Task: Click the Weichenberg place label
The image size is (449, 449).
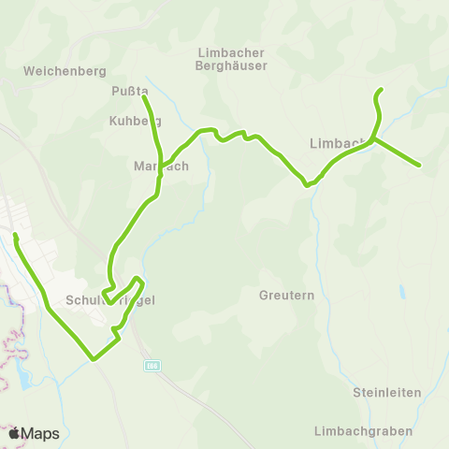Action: [65, 70]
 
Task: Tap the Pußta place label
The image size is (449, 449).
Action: [130, 91]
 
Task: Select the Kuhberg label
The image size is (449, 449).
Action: [135, 121]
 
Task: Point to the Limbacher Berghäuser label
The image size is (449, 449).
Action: [232, 59]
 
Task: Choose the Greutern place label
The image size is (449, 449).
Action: [283, 295]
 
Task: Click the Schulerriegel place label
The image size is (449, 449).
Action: [109, 300]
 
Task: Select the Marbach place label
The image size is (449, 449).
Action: [161, 166]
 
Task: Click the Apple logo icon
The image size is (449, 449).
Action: [14, 433]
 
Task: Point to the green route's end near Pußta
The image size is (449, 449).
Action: [144, 95]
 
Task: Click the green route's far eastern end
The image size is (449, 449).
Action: [419, 166]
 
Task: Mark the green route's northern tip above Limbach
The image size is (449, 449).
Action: [382, 90]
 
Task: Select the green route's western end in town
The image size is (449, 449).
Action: [15, 234]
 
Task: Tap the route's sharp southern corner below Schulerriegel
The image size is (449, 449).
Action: [92, 358]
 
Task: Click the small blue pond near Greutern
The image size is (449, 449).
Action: [402, 292]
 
